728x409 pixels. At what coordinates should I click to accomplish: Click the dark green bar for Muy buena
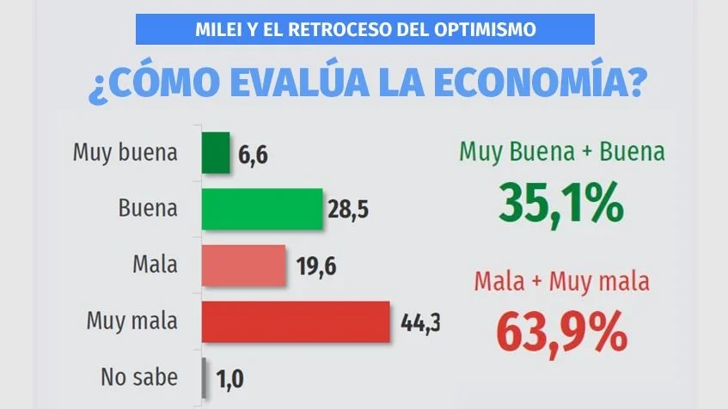215,153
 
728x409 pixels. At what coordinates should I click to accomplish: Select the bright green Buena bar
261,209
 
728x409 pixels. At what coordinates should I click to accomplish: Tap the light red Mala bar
242,265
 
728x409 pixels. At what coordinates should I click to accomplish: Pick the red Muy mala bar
295,322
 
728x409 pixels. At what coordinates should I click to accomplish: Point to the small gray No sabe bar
204,377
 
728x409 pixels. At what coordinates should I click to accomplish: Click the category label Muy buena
125,154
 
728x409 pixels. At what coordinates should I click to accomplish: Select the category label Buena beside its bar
149,209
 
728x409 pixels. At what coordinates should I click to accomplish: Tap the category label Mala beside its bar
156,265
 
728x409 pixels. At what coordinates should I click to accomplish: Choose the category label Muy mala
132,322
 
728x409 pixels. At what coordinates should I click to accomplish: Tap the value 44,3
420,323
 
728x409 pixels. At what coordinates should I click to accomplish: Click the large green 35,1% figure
560,203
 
